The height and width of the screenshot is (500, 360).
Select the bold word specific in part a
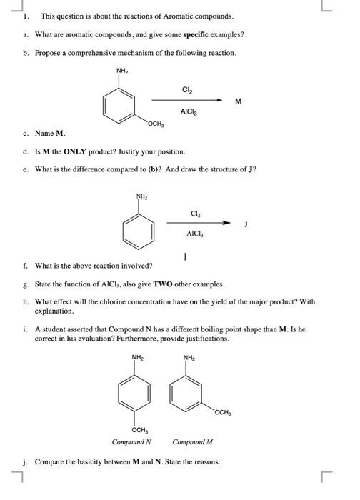168,34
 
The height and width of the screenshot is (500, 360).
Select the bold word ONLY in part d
81,152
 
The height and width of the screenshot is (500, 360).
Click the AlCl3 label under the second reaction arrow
194,233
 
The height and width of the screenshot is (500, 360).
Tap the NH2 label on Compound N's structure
136,357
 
